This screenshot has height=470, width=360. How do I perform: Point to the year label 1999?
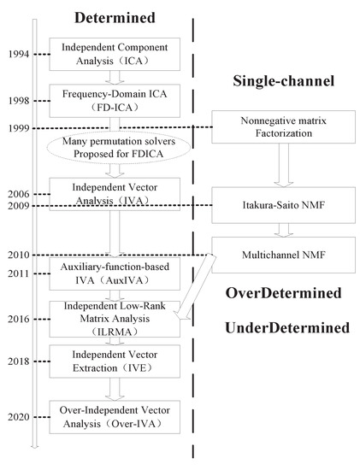pyautogui.click(x=15, y=128)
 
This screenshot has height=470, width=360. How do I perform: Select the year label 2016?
pyautogui.click(x=15, y=319)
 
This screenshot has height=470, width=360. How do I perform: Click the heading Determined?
pyautogui.click(x=113, y=17)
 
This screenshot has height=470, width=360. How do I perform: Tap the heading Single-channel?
pyautogui.click(x=281, y=81)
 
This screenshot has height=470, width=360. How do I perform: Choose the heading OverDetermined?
pyautogui.click(x=284, y=293)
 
